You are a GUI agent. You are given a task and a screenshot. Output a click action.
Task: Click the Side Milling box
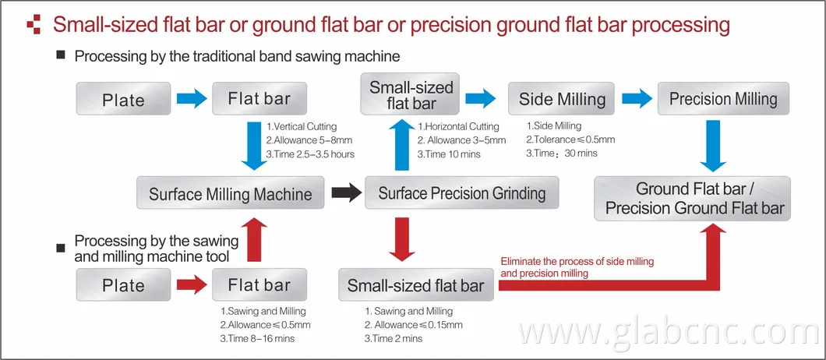pyautogui.click(x=561, y=99)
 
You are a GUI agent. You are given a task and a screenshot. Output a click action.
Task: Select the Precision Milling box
pyautogui.click(x=723, y=99)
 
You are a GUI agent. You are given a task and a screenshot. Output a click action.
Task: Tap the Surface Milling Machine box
pyautogui.click(x=230, y=193)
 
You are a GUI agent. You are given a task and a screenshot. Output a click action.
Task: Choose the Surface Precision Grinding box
pyautogui.click(x=462, y=193)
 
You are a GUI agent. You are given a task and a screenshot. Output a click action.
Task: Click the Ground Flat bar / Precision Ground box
pyautogui.click(x=692, y=198)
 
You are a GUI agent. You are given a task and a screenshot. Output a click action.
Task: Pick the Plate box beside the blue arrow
pyautogui.click(x=123, y=99)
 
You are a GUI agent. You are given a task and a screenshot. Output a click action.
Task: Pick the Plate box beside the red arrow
pyautogui.click(x=123, y=285)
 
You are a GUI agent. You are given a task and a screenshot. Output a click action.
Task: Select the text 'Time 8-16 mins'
pyautogui.click(x=257, y=338)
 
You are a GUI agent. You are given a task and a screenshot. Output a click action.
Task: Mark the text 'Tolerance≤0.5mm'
pyautogui.click(x=570, y=139)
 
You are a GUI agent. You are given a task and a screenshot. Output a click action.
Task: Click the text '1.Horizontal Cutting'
pyautogui.click(x=459, y=126)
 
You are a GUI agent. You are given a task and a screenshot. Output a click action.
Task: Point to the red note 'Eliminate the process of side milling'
pyautogui.click(x=577, y=262)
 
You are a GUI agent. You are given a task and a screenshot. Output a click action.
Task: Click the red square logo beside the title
pyautogui.click(x=34, y=25)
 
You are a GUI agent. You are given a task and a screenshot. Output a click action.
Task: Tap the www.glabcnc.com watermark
pyautogui.click(x=666, y=334)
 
